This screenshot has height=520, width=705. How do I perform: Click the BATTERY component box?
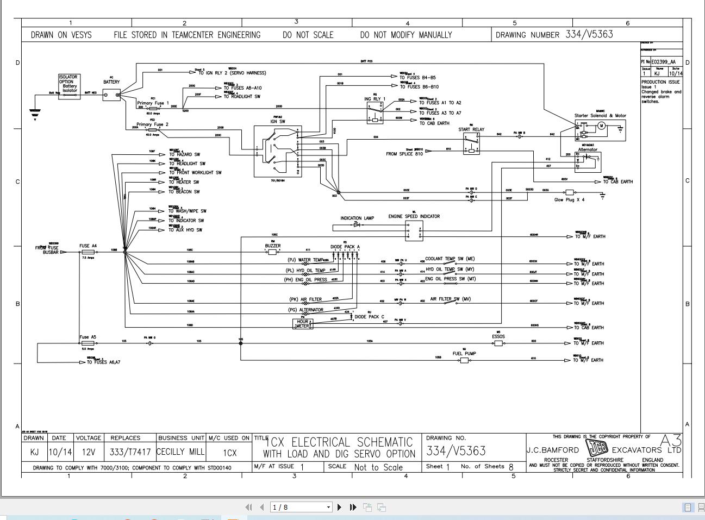tap(112, 95)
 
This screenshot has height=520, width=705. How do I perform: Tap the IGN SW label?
tap(278, 121)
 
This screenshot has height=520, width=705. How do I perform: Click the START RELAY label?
tap(471, 130)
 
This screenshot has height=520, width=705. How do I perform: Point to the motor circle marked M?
tap(601, 126)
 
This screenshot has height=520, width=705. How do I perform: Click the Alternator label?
tap(588, 149)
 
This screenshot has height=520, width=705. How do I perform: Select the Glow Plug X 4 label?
tap(569, 199)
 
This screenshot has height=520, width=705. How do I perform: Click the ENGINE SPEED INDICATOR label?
tap(414, 216)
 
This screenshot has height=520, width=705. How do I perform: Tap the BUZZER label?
tap(273, 246)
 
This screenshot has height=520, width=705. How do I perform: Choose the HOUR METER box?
tap(303, 323)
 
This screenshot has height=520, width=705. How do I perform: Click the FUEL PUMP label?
tap(464, 354)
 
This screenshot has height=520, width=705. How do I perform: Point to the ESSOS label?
tap(498, 336)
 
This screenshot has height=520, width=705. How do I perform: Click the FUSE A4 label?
tap(88, 246)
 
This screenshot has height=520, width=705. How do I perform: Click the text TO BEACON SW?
tap(184, 192)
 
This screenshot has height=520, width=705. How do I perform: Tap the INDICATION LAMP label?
tap(357, 218)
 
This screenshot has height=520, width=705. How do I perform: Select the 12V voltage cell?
tap(88, 452)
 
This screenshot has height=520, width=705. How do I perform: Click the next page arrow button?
tap(340, 507)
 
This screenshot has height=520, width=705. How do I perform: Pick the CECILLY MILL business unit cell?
tap(180, 452)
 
